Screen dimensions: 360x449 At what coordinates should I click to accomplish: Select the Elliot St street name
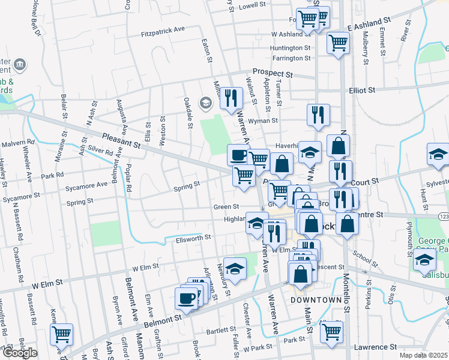pyautogui.click(x=361, y=90)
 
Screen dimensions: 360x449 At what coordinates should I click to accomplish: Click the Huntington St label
pyautogui.click(x=291, y=47)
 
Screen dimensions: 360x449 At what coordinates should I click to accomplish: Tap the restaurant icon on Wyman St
pyautogui.click(x=318, y=115)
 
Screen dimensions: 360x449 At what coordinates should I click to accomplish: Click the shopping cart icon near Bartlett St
pyautogui.click(x=331, y=331)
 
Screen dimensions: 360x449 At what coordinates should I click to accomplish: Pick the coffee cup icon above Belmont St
pyautogui.click(x=186, y=298)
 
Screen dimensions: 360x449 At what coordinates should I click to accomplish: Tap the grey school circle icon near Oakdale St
pyautogui.click(x=205, y=104)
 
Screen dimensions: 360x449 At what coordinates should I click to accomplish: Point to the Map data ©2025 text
pyautogui.click(x=423, y=356)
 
